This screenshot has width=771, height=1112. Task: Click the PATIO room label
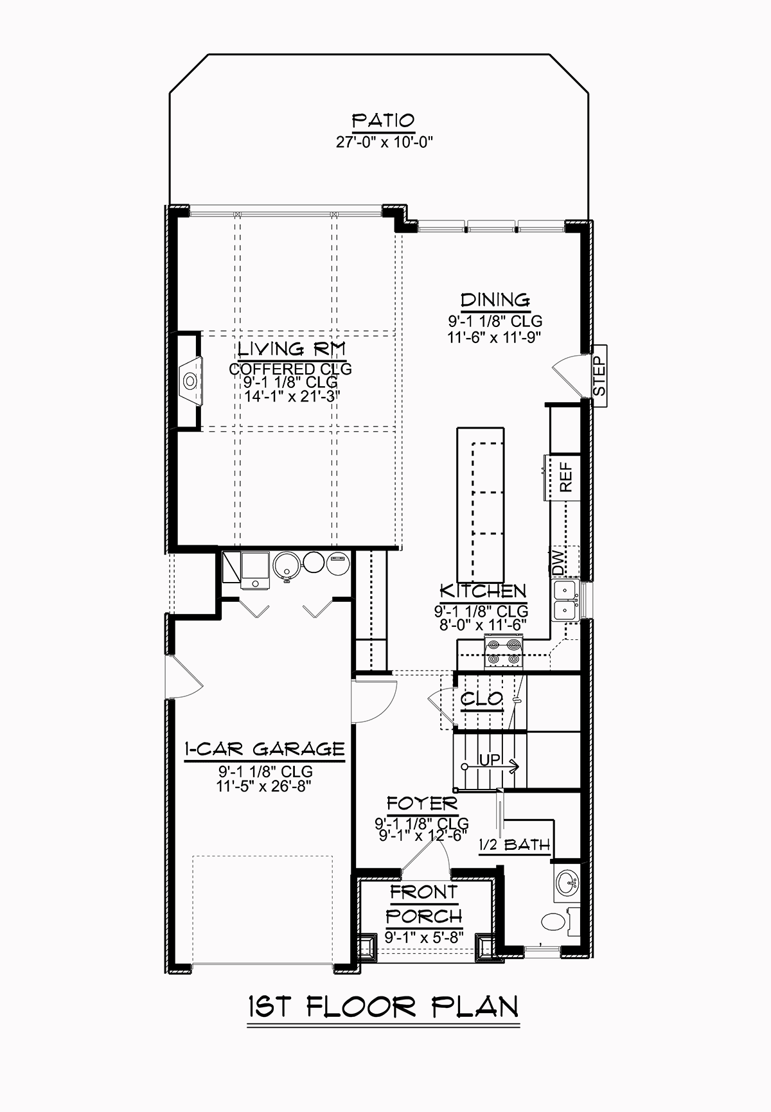(x=383, y=121)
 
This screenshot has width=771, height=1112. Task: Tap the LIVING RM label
(x=292, y=349)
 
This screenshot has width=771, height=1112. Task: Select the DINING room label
(x=495, y=300)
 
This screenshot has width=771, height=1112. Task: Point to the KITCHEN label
(x=483, y=592)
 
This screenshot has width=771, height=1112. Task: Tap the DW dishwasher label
(x=557, y=563)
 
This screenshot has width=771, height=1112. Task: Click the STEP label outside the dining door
(x=598, y=376)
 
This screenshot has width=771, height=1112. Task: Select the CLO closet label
(x=482, y=699)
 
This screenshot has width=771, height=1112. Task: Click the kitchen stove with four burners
(x=504, y=651)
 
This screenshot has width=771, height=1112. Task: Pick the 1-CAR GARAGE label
(x=265, y=749)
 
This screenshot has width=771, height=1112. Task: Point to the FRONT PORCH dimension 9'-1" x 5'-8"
(x=424, y=937)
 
